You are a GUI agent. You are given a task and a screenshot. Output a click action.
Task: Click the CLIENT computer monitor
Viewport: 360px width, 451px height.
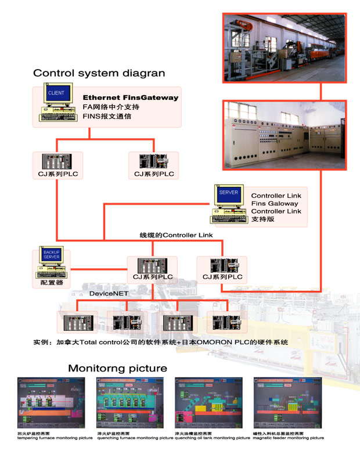(x=57, y=93)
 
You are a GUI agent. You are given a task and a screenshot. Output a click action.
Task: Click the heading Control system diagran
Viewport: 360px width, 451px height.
(x=99, y=73)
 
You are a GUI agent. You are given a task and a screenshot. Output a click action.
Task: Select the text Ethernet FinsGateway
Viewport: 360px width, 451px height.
(x=131, y=98)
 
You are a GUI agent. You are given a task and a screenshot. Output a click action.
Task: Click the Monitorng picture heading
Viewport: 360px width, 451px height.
(x=117, y=368)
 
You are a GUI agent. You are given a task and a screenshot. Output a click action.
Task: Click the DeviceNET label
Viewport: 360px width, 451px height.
(x=109, y=294)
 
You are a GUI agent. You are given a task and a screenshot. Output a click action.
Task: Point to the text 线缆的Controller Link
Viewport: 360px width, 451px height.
(x=176, y=235)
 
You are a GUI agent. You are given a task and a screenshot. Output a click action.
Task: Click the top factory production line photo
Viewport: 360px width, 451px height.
(x=284, y=51)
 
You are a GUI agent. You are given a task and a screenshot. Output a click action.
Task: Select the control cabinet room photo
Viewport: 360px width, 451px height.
(x=284, y=134)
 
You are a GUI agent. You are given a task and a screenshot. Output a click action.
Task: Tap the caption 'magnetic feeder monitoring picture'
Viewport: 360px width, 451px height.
(x=288, y=438)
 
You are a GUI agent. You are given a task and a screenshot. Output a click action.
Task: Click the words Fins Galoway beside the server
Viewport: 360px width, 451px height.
(x=275, y=204)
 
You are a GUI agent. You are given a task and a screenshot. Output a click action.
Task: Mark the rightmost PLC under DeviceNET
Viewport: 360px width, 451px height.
(x=226, y=321)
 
